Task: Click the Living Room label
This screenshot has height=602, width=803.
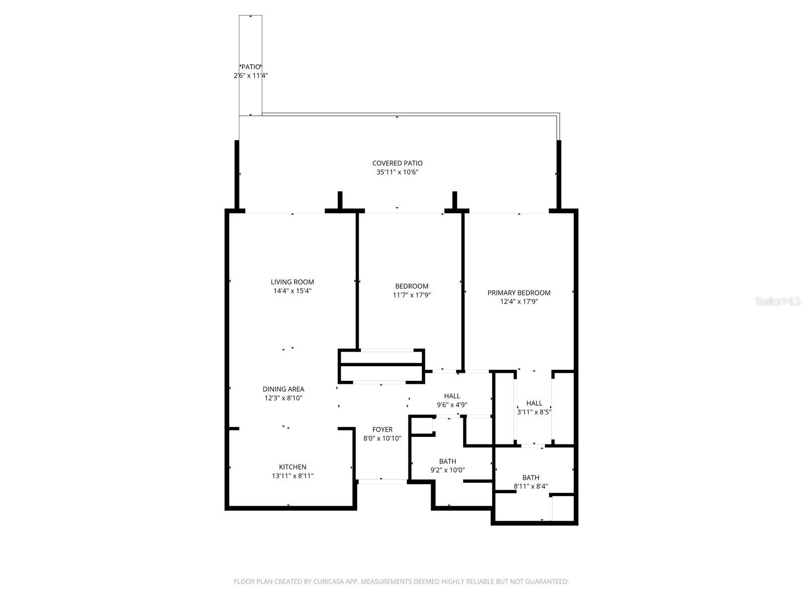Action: (292, 282)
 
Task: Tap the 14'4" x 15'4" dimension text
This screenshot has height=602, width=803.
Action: (292, 291)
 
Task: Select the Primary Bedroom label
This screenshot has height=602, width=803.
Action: (519, 292)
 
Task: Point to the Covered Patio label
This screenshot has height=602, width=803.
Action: (397, 163)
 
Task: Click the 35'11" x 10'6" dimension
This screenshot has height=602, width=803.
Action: (397, 172)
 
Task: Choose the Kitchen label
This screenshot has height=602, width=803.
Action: (293, 467)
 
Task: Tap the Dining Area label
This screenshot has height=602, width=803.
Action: (283, 389)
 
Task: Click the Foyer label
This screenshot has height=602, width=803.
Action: (382, 429)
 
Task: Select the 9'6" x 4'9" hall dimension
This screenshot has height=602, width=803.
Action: (452, 405)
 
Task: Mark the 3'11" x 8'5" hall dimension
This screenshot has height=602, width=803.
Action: (534, 412)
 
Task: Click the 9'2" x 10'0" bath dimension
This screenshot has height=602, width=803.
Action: (447, 470)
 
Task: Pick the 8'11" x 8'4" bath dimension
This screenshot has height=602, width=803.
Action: (530, 486)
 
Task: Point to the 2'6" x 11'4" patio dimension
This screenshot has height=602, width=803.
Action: (250, 76)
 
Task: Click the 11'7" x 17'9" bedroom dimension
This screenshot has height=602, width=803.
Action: (412, 295)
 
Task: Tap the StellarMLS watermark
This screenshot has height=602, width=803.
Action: (778, 302)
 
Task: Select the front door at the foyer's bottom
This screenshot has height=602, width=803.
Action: (382, 482)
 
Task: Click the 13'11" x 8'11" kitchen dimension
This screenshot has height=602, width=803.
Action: (293, 476)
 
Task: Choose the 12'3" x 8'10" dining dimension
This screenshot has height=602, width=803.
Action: (283, 398)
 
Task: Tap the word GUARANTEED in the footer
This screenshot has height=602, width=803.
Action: (548, 581)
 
